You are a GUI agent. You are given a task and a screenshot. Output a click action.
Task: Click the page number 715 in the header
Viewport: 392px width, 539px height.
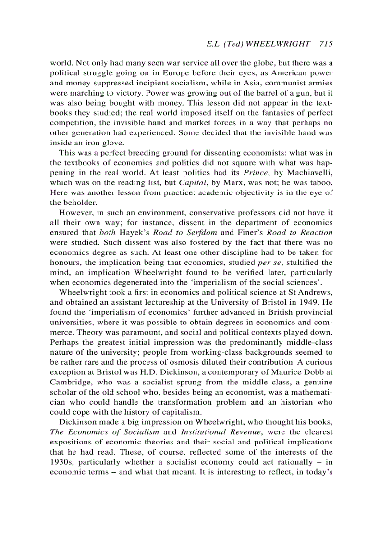click(x=325, y=44)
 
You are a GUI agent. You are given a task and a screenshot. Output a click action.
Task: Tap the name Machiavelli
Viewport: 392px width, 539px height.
click(x=312, y=172)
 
